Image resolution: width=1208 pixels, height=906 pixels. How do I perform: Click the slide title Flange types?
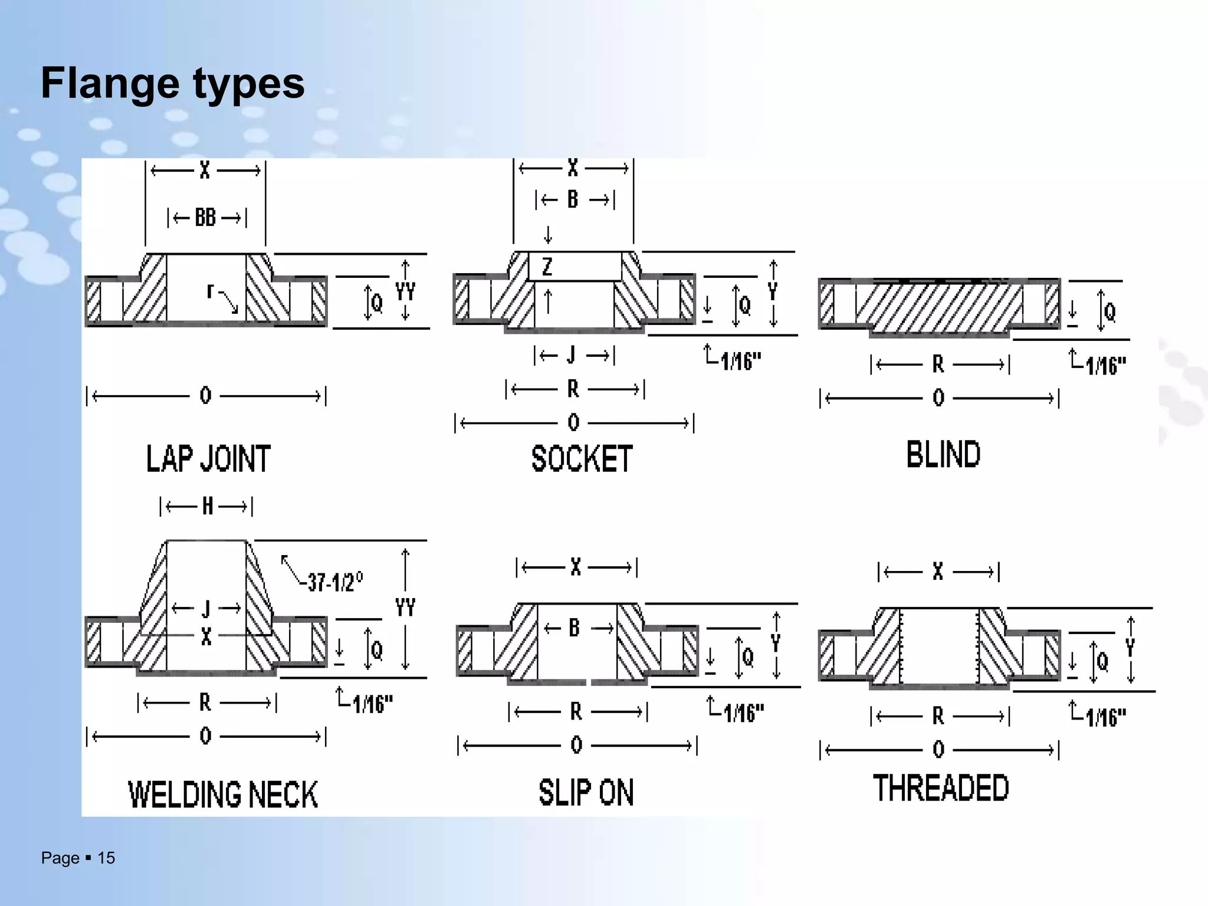(x=172, y=83)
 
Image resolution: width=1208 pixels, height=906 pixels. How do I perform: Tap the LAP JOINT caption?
(x=208, y=459)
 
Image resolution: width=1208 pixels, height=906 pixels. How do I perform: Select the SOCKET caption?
(x=582, y=459)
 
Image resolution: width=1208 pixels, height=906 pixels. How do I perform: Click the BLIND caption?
(x=943, y=455)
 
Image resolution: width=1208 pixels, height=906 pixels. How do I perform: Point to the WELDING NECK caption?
(x=223, y=794)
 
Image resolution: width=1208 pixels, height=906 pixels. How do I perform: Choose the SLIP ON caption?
(x=586, y=792)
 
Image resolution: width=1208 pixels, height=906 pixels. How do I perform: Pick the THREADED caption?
(x=941, y=788)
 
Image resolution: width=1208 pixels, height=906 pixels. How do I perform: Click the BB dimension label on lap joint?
(x=205, y=218)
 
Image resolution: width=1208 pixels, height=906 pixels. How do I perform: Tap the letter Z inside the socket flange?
(x=547, y=267)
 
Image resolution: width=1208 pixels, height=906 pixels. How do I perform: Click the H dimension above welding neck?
(x=207, y=506)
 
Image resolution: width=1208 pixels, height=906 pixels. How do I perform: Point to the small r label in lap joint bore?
(x=210, y=291)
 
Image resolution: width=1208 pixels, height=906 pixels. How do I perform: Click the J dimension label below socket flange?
(x=571, y=355)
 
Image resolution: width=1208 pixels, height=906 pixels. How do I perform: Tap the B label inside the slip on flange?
(x=574, y=628)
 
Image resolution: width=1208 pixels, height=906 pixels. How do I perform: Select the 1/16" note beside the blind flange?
(x=1105, y=366)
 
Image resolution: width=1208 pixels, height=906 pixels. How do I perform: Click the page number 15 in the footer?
(x=106, y=858)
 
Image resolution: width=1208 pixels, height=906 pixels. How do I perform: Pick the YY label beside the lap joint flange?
(x=405, y=291)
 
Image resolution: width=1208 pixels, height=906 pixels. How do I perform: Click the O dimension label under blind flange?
(x=938, y=398)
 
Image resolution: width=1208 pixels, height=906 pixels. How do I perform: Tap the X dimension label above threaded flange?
(x=938, y=571)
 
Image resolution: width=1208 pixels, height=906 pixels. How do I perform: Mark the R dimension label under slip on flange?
(x=576, y=712)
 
